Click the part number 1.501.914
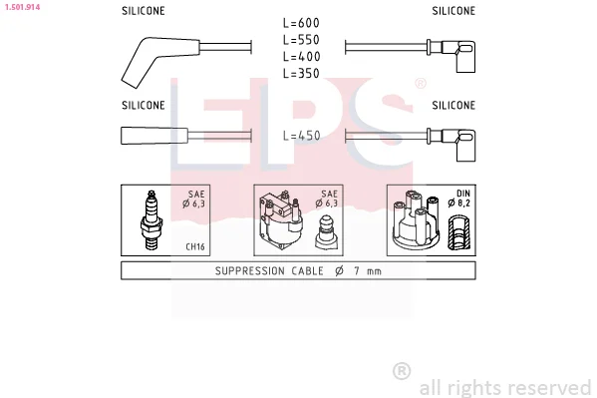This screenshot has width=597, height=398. [22, 7]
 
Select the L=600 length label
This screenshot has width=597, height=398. [301, 23]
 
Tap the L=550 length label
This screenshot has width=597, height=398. [301, 40]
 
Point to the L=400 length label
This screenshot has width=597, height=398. [301, 57]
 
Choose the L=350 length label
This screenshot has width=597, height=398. [301, 73]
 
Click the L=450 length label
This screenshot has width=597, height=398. [302, 136]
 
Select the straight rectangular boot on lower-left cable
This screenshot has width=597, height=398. [154, 136]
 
